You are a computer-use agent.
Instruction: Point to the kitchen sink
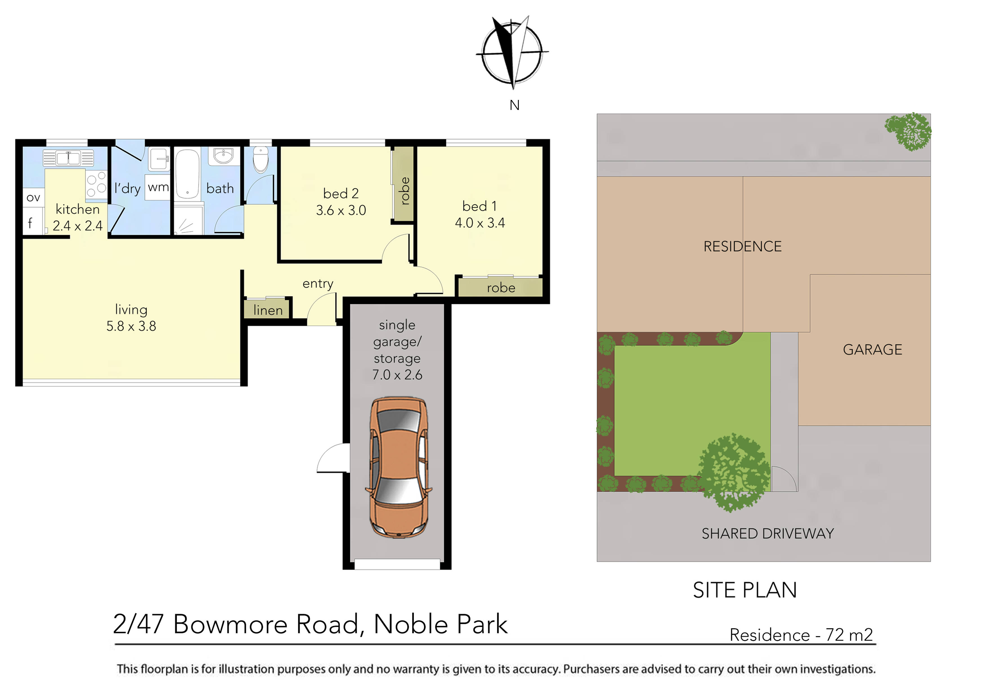(68, 158)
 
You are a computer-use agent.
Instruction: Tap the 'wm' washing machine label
(158, 187)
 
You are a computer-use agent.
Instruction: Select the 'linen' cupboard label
(268, 310)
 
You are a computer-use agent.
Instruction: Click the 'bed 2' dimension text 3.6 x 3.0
(341, 210)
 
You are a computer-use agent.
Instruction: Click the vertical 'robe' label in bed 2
(404, 191)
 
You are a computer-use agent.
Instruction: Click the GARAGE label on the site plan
(872, 350)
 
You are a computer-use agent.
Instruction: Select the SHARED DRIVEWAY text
(768, 534)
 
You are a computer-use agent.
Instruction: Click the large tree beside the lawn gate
(733, 473)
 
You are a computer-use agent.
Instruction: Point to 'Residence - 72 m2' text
(801, 635)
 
